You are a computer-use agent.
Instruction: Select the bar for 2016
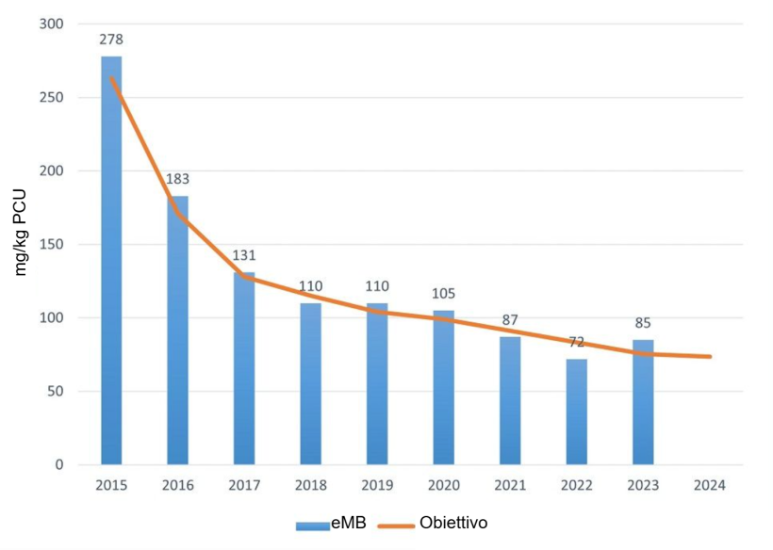tap(177, 330)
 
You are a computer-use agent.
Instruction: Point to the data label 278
tap(111, 40)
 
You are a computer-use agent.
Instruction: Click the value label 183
tap(177, 179)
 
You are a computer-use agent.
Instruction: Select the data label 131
tap(244, 255)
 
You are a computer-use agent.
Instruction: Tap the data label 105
tap(443, 293)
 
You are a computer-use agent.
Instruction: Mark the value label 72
tap(576, 342)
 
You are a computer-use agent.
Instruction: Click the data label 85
tap(643, 323)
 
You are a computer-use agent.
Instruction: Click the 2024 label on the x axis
tap(709, 486)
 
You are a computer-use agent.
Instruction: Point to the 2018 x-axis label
tap(311, 486)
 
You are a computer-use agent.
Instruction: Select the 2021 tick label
tap(510, 486)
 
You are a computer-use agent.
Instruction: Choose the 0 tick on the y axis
tap(58, 465)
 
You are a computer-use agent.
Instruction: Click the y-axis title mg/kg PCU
tap(21, 232)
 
